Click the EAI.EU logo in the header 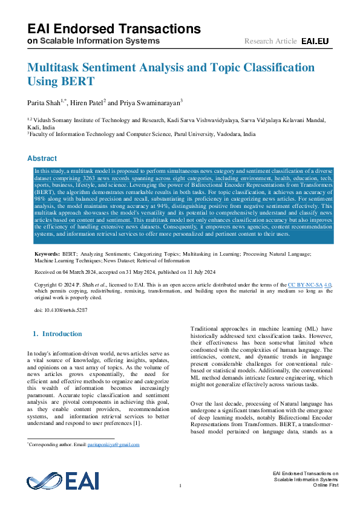[x=315, y=41]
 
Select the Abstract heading [x=42, y=158]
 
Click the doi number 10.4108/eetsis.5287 [x=65, y=310]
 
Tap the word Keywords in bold [x=47, y=255]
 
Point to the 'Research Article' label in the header [x=270, y=41]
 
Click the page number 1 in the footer [x=180, y=486]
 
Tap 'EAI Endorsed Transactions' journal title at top [x=114, y=28]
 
